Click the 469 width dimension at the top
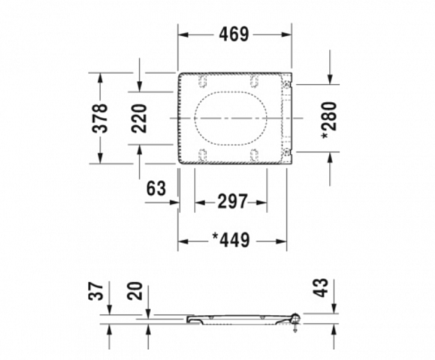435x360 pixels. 234,34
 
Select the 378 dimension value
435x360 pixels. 101,118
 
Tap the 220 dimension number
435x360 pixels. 140,118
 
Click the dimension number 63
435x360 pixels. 156,190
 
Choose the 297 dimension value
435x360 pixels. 233,202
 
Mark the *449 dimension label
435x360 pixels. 231,240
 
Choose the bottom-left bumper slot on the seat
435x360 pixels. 202,154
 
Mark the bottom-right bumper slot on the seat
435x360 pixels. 254,154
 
